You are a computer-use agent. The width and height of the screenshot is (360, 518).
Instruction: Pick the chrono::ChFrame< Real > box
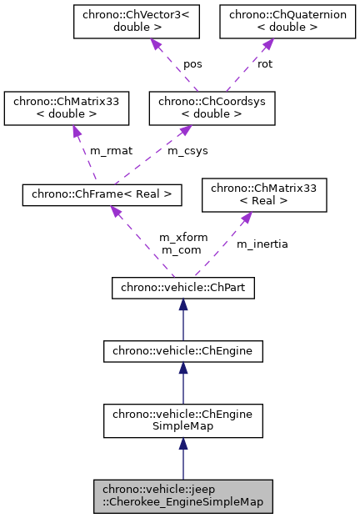101,194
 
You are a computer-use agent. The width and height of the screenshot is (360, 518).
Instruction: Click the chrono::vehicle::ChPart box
183,289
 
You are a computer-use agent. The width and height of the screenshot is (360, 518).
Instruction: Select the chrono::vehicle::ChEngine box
183,351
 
